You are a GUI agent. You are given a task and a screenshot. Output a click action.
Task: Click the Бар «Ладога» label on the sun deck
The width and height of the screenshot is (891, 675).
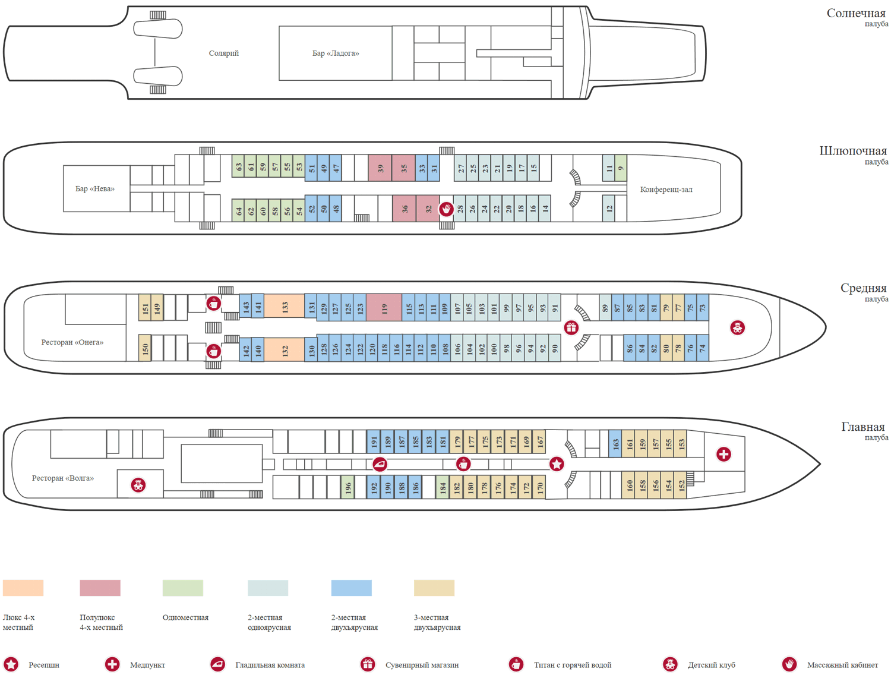point(336,53)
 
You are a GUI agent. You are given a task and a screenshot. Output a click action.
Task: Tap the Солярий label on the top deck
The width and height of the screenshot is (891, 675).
point(224,53)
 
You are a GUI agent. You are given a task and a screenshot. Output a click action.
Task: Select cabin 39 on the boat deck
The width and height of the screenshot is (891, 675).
point(380,168)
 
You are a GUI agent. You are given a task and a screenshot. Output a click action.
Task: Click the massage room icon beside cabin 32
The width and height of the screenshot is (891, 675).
point(446,209)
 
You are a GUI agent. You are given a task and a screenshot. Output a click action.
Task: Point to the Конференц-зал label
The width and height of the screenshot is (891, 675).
point(666,190)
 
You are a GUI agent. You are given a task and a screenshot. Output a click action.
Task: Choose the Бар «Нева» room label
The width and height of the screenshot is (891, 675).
point(95,189)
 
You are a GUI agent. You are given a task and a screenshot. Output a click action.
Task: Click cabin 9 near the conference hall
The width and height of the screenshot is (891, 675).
point(621,168)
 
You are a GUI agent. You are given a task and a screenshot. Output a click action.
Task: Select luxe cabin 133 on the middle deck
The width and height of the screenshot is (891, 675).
point(285,307)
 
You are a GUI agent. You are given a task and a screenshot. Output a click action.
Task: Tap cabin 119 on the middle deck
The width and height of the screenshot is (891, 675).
point(384,308)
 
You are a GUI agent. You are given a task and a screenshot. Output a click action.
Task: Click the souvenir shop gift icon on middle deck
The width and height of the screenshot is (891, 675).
point(571,327)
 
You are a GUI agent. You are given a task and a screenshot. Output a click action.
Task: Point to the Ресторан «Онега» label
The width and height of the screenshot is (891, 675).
point(72,342)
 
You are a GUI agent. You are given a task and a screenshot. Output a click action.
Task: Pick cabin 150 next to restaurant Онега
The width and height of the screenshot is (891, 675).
point(145,348)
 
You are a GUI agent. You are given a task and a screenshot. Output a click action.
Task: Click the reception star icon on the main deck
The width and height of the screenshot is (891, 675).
point(557,464)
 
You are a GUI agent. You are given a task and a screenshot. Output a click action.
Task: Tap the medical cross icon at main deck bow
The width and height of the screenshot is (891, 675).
point(723,455)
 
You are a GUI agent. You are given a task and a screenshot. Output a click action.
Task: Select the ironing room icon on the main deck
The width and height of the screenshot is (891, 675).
point(380,464)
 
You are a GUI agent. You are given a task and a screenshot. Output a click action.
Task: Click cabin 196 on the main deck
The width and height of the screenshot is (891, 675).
point(348,488)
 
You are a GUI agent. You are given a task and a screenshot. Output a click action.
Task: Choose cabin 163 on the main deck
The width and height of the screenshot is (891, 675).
point(615,444)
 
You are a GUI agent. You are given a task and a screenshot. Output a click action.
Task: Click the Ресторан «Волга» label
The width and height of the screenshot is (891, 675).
point(63,478)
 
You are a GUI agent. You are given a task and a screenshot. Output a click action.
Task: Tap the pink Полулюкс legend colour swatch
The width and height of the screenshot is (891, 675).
point(100,588)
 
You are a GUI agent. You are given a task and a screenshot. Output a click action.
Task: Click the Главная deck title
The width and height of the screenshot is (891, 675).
point(862,427)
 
